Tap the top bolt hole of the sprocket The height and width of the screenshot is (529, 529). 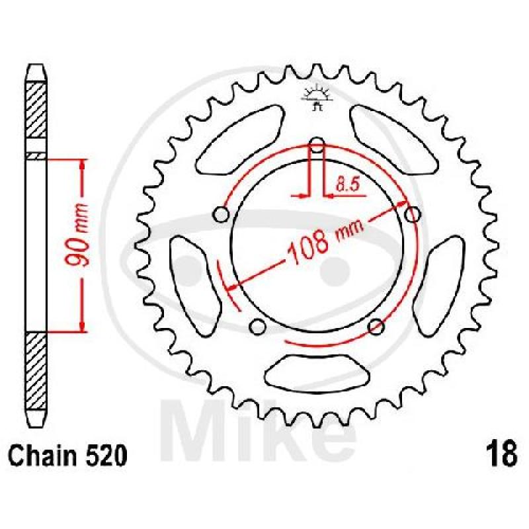coord(317,145)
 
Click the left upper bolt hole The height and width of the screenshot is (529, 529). coord(221,214)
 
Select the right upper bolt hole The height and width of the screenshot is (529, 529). coord(412,214)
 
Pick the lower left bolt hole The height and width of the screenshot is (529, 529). coord(257,326)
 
